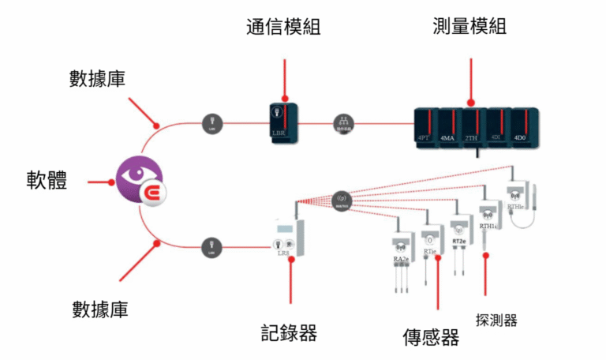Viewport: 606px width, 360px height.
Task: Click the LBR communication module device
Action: point(283,122)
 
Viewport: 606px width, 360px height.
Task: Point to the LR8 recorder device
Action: point(290,236)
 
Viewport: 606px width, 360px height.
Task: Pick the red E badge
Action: point(151,193)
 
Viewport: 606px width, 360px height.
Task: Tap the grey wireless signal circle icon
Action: point(342,199)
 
